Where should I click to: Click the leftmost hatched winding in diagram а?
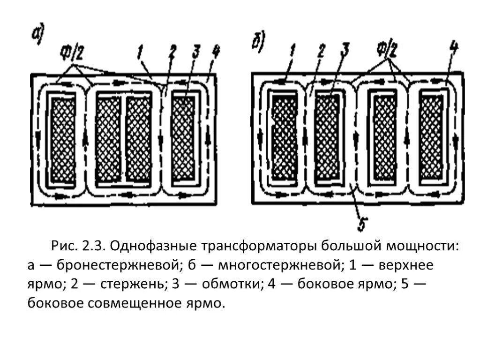pos(62,140)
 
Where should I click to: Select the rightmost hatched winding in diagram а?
pos(183,140)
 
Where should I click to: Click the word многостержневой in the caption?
pos(271,266)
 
